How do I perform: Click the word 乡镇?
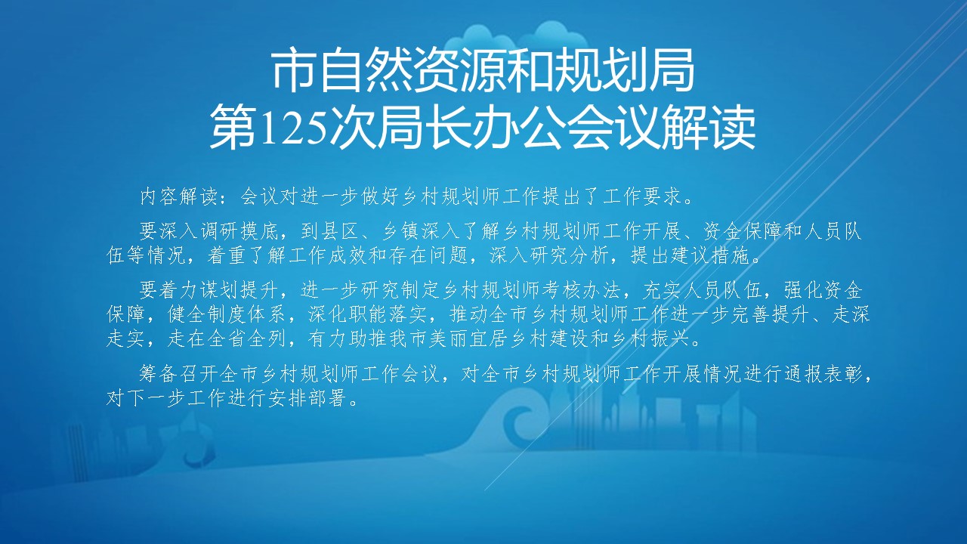[x=400, y=231]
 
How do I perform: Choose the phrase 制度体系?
[x=247, y=315]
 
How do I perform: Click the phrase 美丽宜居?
[x=469, y=339]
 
